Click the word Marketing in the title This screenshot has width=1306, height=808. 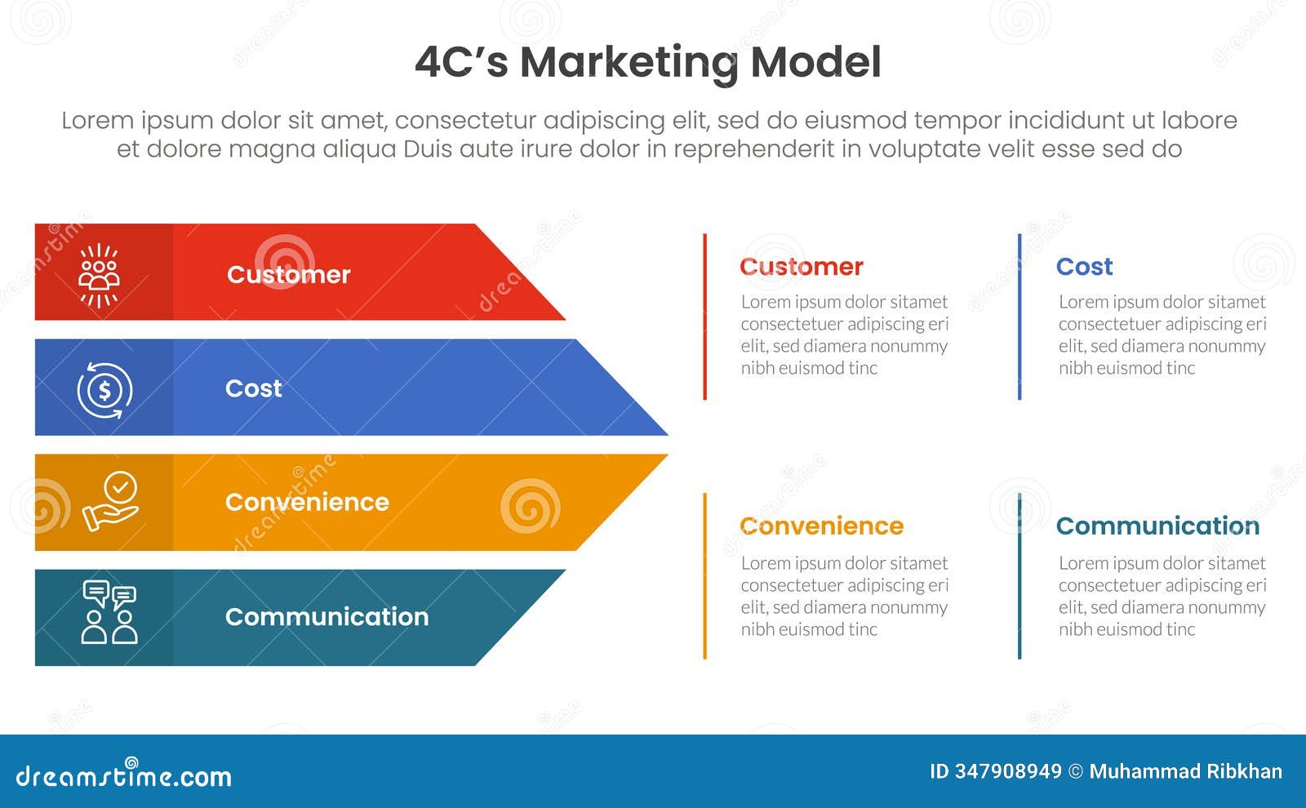click(629, 63)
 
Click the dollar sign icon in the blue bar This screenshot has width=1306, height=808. click(104, 390)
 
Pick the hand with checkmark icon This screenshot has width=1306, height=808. click(111, 502)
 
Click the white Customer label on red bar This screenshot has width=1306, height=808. click(288, 274)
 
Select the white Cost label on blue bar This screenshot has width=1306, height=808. click(253, 388)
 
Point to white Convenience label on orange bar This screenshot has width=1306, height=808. click(307, 502)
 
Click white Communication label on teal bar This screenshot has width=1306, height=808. click(326, 616)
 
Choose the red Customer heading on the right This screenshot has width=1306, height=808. click(801, 267)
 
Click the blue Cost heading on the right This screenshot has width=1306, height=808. click(1084, 267)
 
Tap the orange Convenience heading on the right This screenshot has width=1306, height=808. click(821, 526)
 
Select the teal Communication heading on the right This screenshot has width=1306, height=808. click(1157, 526)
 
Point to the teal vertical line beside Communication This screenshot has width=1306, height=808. click(1019, 575)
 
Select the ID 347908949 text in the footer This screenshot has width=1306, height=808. click(996, 771)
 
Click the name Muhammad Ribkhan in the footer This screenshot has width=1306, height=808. click(1185, 771)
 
